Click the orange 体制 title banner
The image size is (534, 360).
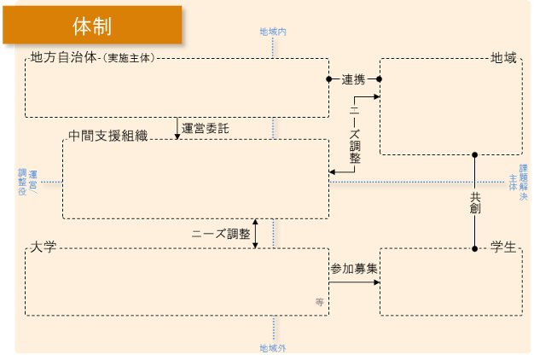(92, 25)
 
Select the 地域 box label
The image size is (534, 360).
(503, 58)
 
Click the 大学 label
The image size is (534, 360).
(43, 247)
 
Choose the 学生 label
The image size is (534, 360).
(503, 247)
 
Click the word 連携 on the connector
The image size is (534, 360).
(353, 79)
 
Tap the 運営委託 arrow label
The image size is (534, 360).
(206, 129)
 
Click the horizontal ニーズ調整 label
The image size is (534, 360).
(220, 233)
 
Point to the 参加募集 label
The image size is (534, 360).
(354, 268)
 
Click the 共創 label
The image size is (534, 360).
(475, 203)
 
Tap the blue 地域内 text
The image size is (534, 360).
(273, 32)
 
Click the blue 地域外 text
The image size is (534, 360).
(273, 347)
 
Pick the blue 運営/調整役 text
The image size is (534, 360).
(27, 182)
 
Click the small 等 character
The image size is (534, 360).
(319, 302)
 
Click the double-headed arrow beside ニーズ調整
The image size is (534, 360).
(256, 234)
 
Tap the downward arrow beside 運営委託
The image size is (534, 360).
(178, 128)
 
